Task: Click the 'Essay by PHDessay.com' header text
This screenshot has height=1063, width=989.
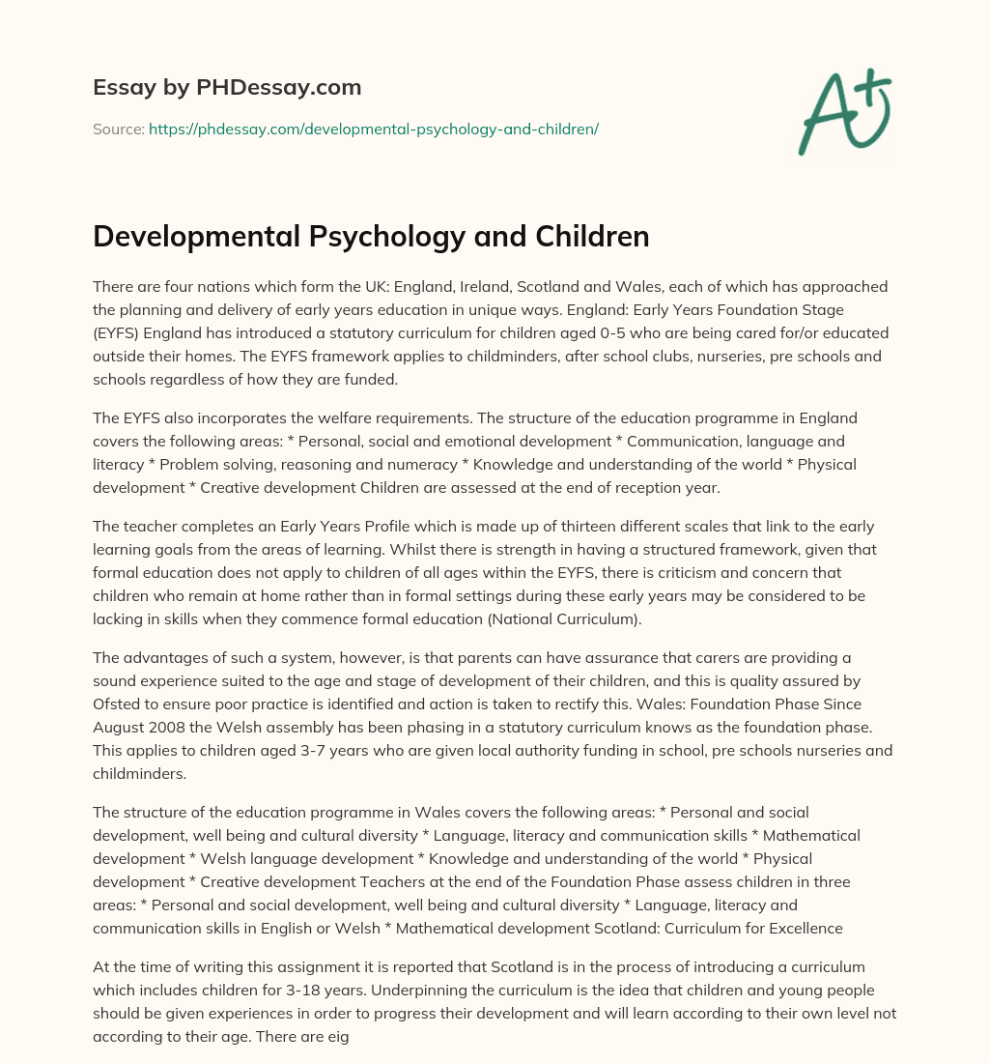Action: (227, 88)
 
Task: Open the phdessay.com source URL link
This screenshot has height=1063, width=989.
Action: (374, 129)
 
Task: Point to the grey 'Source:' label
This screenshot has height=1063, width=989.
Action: (119, 129)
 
